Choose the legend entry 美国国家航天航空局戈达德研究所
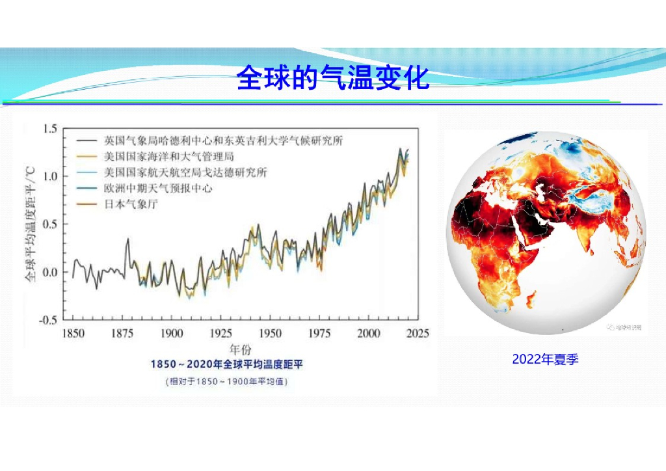tap(185, 172)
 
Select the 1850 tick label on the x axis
tap(73, 334)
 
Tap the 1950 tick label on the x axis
tap(270, 334)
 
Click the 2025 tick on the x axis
tap(417, 334)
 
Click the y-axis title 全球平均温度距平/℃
tap(30, 224)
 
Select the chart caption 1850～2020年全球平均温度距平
tap(226, 365)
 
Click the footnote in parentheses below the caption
tap(226, 381)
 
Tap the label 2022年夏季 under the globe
tap(545, 359)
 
